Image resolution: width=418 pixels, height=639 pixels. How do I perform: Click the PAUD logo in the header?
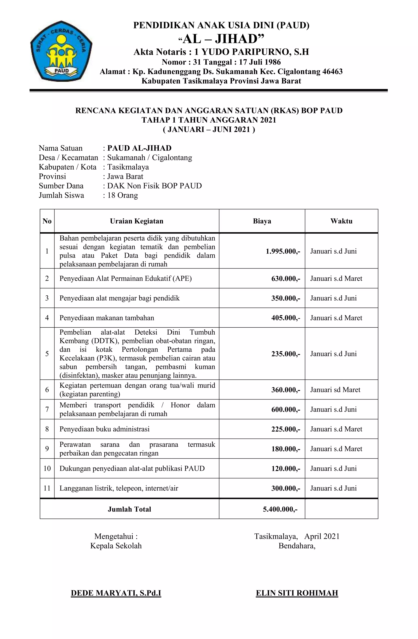point(61,51)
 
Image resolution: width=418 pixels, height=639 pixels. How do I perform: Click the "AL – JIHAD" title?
point(221,39)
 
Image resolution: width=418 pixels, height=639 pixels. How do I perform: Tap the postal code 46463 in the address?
point(332,72)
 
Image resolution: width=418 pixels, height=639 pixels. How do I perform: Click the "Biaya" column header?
point(262,221)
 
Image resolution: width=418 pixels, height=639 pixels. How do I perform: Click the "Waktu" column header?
point(341,221)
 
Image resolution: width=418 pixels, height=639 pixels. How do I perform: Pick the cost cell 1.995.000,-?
point(283,251)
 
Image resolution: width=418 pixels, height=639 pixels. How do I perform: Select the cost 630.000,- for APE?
point(286,278)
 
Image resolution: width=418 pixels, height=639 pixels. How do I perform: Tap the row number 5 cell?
point(47,354)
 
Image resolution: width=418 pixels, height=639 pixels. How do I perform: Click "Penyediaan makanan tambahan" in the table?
point(107,318)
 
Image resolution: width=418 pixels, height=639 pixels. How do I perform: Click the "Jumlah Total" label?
point(129,509)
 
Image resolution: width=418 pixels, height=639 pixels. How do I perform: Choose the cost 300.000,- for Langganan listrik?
point(286,488)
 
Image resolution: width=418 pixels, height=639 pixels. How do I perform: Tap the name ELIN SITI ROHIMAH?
point(297,593)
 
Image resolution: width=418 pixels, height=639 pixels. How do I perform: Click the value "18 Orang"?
point(122,195)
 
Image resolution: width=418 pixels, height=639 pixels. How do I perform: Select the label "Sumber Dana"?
point(61,186)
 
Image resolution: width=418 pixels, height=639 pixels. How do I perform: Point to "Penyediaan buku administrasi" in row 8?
point(104,429)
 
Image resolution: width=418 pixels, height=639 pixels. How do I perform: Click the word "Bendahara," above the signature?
point(297,546)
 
